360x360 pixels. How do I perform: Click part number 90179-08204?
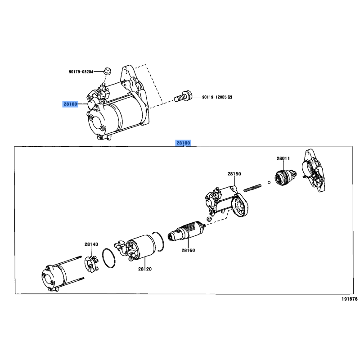(x=81, y=72)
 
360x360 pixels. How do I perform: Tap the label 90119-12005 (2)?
(x=217, y=97)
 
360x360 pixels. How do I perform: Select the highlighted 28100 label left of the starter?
(x=70, y=104)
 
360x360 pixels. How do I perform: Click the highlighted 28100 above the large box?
(x=183, y=143)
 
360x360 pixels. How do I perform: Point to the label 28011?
(x=283, y=158)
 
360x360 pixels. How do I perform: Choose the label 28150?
(x=234, y=174)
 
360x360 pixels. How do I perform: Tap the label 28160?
(x=188, y=250)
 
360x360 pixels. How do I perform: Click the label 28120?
(x=145, y=269)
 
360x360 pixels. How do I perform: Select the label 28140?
(x=91, y=244)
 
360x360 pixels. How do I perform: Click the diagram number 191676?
(x=350, y=299)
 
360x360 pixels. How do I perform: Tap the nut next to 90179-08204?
(x=107, y=71)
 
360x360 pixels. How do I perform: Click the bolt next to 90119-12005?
(x=183, y=97)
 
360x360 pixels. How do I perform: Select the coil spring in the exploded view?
(x=252, y=187)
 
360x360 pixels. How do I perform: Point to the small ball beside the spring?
(x=269, y=183)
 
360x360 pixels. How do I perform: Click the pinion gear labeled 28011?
(x=286, y=177)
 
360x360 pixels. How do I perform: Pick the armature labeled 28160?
(x=186, y=230)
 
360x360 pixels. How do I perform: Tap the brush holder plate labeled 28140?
(x=91, y=264)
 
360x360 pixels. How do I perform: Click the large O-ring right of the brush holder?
(x=108, y=258)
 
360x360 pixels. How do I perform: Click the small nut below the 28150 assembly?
(x=209, y=218)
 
